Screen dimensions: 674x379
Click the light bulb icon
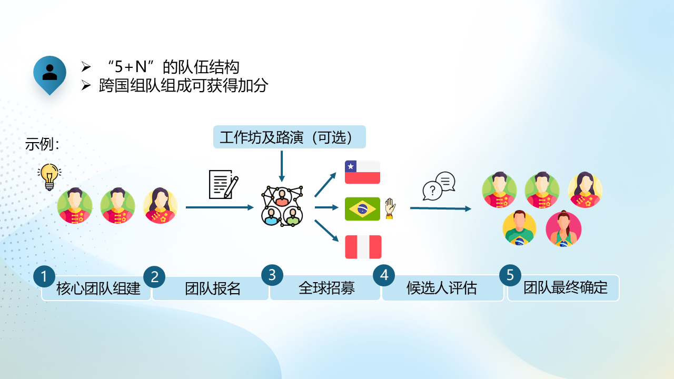49,177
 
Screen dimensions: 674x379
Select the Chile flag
362,172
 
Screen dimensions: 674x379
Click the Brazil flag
362,209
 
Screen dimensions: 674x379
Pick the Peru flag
363,247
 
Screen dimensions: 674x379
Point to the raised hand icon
390,208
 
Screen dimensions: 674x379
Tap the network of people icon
282,206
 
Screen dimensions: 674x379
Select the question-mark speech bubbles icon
439,186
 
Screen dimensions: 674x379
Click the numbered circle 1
44,276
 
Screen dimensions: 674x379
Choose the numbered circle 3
272,275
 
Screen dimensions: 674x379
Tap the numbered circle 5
510,275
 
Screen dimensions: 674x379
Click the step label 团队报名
213,288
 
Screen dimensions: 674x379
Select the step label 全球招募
327,287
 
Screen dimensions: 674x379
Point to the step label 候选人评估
441,287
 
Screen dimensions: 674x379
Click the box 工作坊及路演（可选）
290,137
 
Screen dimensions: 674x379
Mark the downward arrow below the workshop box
282,166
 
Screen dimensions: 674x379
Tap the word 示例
39,144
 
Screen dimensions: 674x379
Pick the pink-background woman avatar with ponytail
563,229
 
